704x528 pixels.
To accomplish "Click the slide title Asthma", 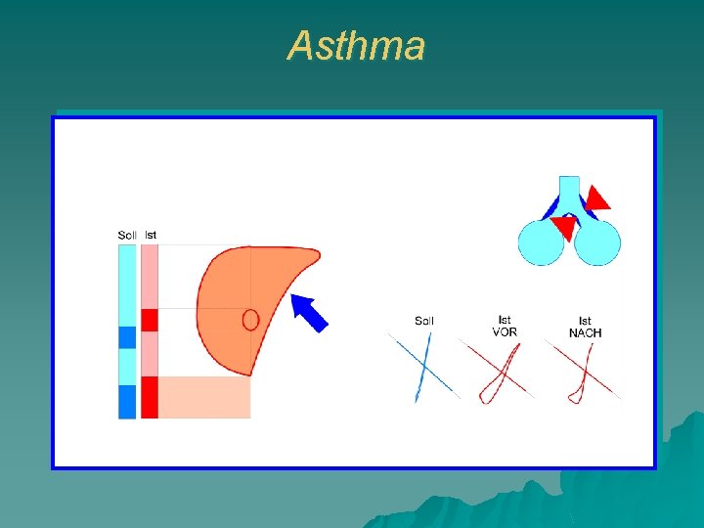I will (357, 46).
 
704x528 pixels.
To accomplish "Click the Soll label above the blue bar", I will (127, 235).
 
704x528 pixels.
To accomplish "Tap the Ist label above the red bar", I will (151, 235).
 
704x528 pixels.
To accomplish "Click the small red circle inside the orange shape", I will (250, 320).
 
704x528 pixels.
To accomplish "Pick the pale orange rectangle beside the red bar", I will (204, 397).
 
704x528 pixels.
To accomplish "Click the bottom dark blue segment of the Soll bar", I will (127, 401).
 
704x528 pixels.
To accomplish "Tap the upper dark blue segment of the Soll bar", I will (127, 337).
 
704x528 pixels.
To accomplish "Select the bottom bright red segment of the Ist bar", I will (150, 397).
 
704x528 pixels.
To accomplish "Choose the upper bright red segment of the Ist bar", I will (150, 320).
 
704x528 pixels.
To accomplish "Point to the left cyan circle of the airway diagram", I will (541, 242).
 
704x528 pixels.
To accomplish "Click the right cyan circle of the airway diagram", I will (597, 242).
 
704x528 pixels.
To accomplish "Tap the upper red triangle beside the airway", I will (596, 198).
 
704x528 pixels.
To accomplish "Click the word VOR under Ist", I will (505, 332).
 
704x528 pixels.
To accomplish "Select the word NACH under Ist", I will (586, 332).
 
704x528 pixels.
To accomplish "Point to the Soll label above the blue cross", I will (424, 321).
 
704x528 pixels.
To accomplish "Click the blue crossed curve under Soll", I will (423, 368).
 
